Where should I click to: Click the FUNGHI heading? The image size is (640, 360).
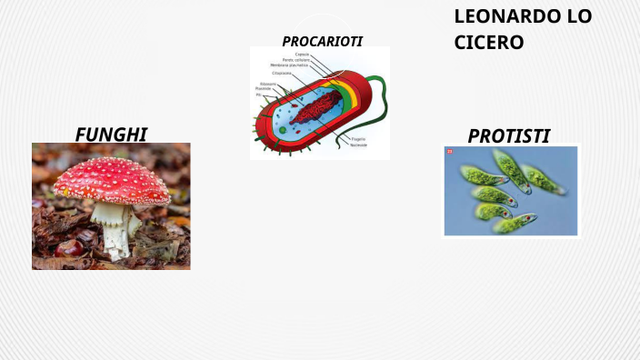tap(111, 135)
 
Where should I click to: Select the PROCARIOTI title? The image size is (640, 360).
tap(322, 41)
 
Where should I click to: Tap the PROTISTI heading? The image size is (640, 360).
tap(508, 136)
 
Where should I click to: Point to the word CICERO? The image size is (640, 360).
tap(488, 42)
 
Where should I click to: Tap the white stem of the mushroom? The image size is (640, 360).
tap(113, 227)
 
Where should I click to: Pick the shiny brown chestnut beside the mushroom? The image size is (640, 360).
tap(69, 247)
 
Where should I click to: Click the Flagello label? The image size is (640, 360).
tap(357, 138)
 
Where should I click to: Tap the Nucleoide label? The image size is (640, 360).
tap(358, 145)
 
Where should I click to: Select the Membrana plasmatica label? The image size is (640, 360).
tap(288, 65)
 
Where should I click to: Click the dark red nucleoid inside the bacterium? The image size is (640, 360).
tap(314, 110)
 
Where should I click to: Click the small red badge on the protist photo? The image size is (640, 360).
tap(449, 152)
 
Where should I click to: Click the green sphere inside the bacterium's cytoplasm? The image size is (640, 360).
tap(283, 130)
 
